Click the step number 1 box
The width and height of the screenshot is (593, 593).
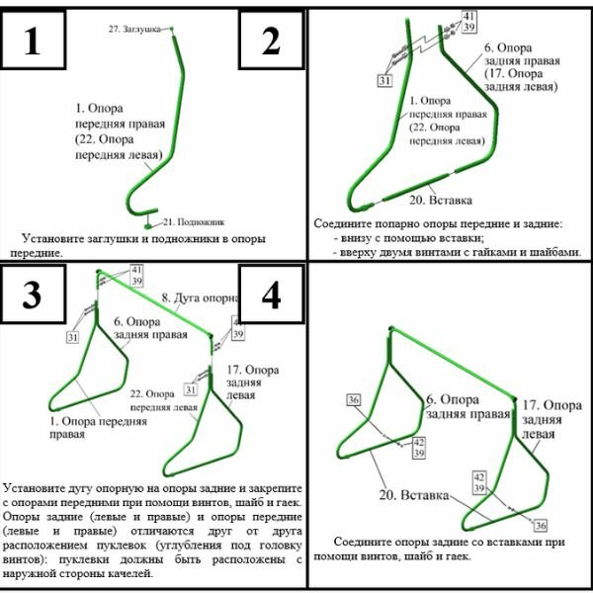click(x=33, y=42)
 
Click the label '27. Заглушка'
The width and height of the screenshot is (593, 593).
click(x=134, y=31)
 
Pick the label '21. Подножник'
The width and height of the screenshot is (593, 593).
click(x=195, y=221)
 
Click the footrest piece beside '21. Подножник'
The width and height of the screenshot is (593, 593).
click(x=151, y=214)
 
